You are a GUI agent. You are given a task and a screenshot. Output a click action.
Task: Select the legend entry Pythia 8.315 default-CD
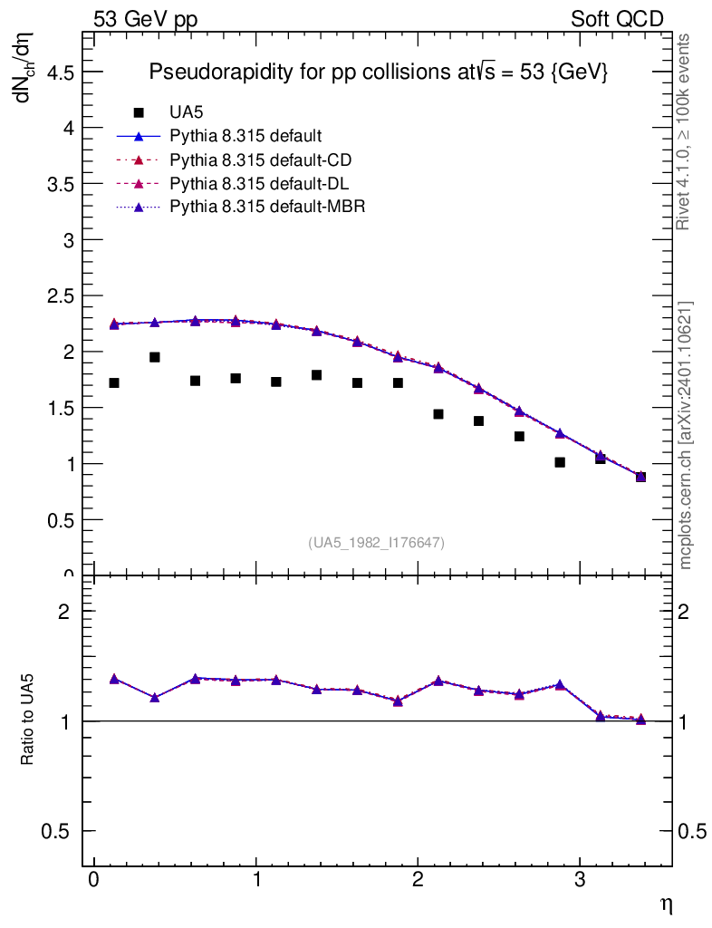click(260, 159)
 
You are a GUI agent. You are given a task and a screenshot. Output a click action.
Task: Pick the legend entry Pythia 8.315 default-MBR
click(267, 206)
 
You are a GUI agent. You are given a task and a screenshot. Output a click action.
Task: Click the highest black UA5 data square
click(155, 357)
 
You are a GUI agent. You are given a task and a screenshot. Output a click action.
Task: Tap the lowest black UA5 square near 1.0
click(560, 462)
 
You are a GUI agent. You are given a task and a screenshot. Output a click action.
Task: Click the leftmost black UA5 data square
click(114, 382)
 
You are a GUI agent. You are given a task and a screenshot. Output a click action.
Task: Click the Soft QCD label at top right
click(617, 19)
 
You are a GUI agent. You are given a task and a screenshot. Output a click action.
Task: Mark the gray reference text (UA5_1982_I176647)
click(377, 542)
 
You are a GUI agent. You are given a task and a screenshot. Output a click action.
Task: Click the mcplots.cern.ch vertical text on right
click(686, 435)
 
